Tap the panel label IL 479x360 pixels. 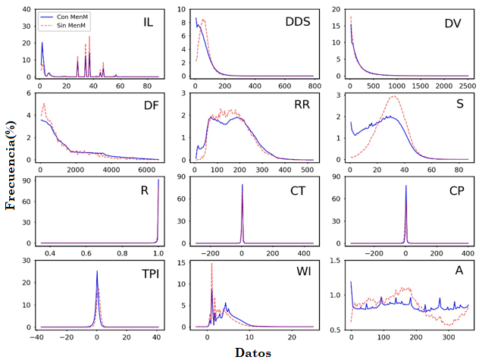[148, 21]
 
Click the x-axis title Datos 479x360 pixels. [254, 352]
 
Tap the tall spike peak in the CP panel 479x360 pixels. [405, 186]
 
